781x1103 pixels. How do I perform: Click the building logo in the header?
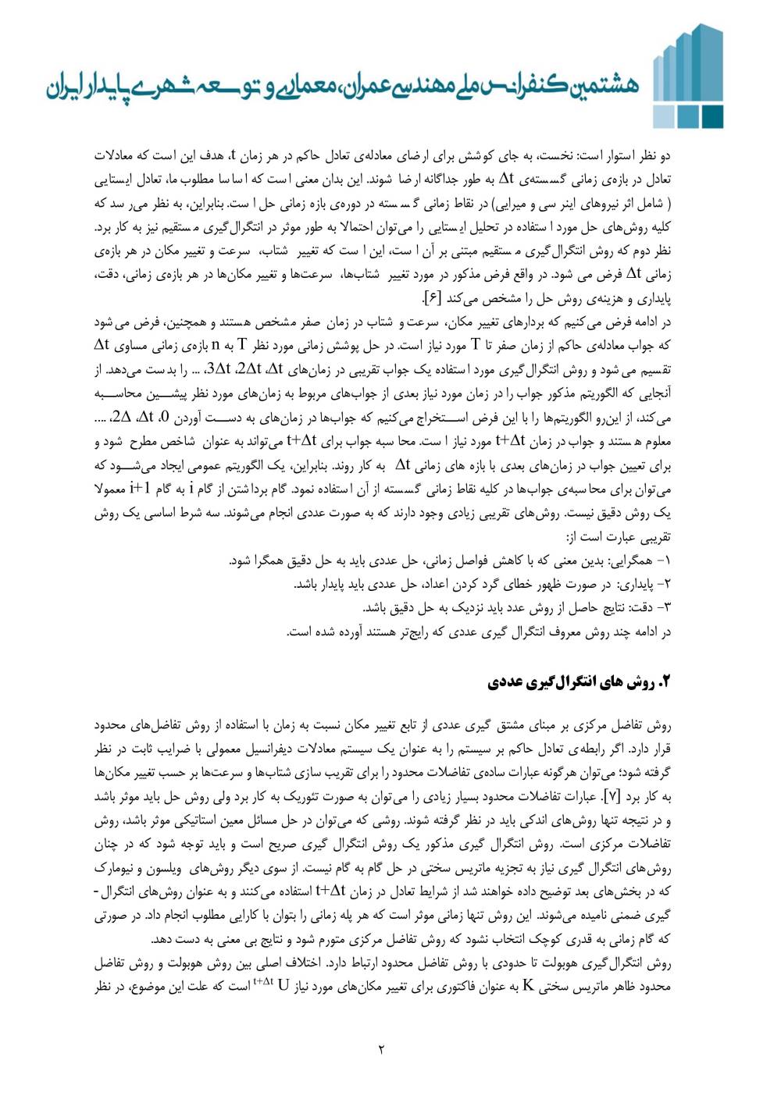pyautogui.click(x=687, y=76)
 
